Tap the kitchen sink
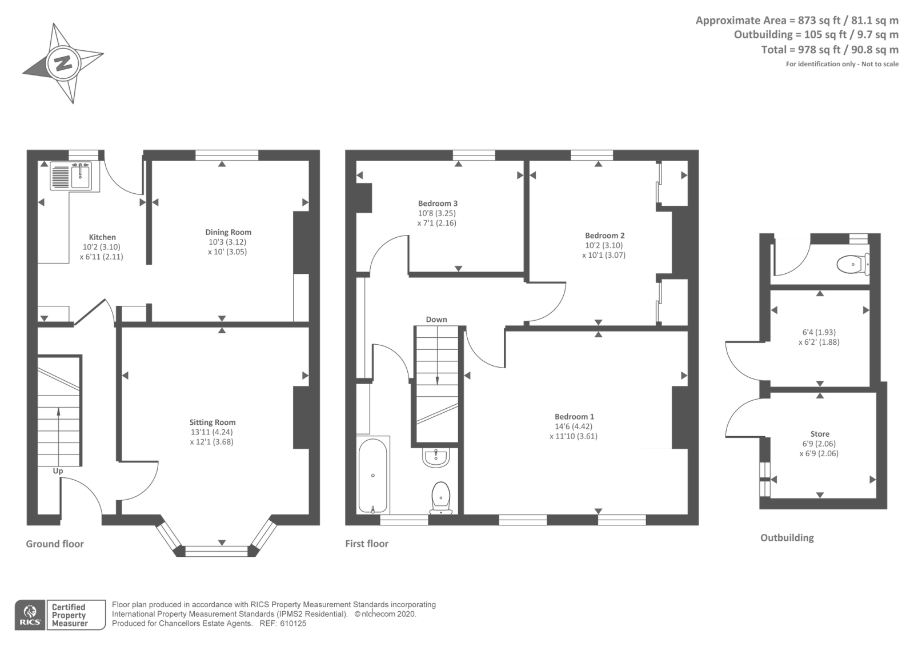tap(80, 175)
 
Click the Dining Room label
tap(228, 232)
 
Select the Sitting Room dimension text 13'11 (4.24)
tap(211, 432)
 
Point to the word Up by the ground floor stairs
tap(58, 471)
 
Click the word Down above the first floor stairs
tap(436, 320)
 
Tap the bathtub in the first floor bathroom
tap(372, 476)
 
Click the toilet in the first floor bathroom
tap(440, 496)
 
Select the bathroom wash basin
tap(436, 457)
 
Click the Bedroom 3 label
tap(438, 204)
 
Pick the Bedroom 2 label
tap(604, 236)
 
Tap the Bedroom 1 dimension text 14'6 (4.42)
tap(574, 426)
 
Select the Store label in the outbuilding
tap(819, 434)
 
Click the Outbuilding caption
tap(787, 537)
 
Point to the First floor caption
tap(366, 544)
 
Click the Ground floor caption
tap(55, 544)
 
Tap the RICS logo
tap(30, 615)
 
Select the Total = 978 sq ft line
tap(829, 50)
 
